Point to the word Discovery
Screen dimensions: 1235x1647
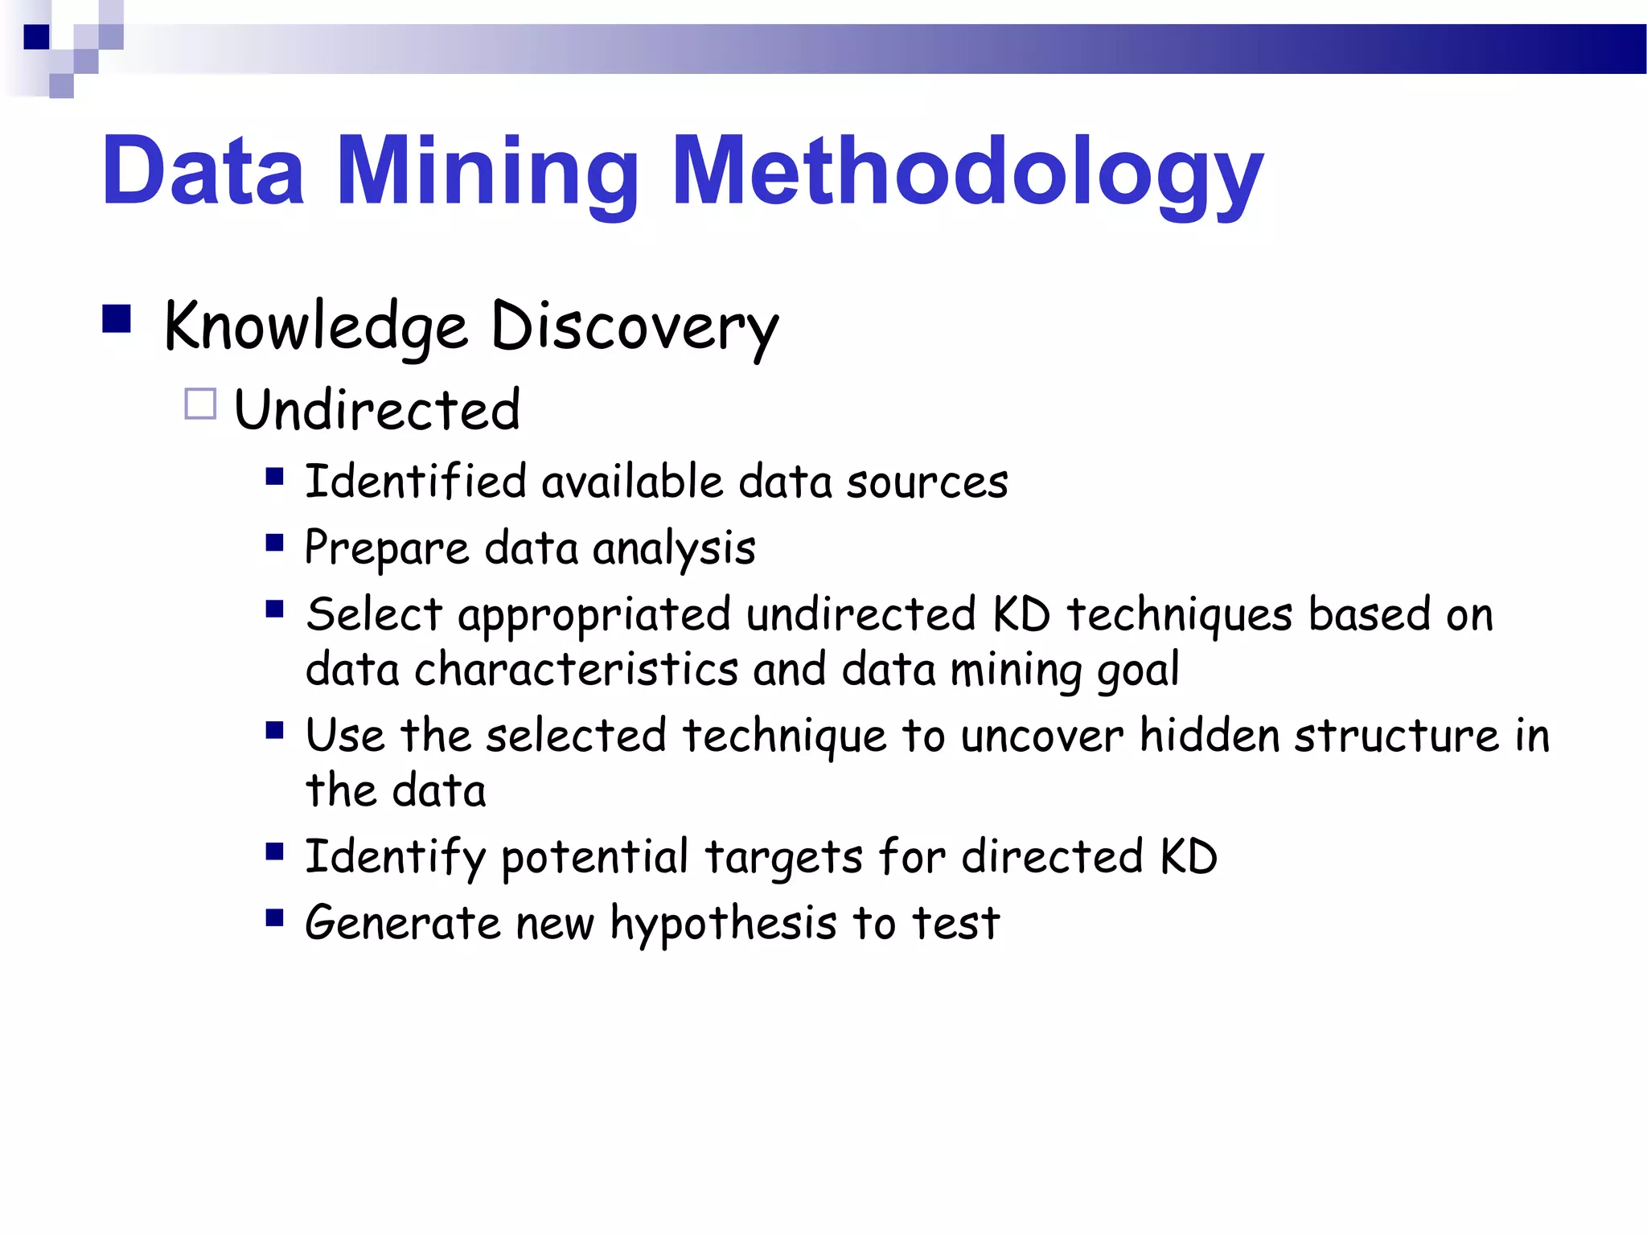(635, 327)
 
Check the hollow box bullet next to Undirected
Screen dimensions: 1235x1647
(200, 404)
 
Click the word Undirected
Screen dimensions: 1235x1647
(377, 409)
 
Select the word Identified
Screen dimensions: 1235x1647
(416, 482)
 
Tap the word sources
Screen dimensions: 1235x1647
(926, 482)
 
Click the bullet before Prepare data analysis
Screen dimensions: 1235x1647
(275, 544)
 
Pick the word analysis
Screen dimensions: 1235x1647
(674, 549)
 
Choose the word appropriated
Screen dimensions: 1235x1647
(594, 616)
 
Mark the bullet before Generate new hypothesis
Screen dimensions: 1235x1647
(275, 917)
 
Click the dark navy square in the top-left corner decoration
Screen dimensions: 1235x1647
(37, 37)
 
